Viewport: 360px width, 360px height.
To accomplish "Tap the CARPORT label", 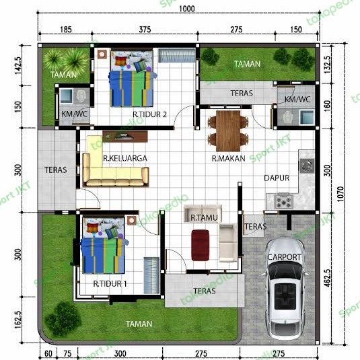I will pos(285,257).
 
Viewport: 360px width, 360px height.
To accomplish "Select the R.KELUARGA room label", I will pos(125,158).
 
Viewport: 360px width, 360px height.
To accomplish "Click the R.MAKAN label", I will pos(227,159).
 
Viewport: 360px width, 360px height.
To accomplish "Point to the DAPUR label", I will pos(276,179).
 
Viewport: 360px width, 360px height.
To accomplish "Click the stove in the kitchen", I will pos(284,200).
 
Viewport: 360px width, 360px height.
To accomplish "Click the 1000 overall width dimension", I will pos(187,8).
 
